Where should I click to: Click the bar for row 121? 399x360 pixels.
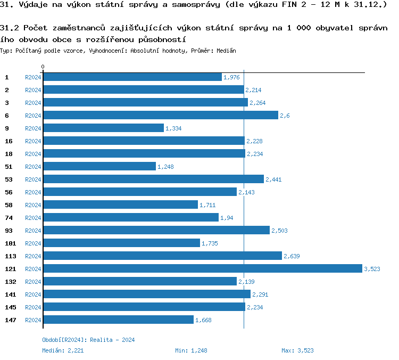tap(202, 268)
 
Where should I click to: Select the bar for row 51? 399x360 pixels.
tap(99, 166)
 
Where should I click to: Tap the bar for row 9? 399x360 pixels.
tap(103, 128)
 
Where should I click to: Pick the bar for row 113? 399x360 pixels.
tap(162, 256)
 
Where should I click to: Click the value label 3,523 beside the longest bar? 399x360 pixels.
tap(372, 269)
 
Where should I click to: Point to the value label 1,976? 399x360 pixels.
tap(231, 77)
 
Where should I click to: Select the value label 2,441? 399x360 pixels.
tap(273, 179)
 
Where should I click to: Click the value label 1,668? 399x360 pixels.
tap(204, 320)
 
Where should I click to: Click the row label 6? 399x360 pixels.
tap(7, 115)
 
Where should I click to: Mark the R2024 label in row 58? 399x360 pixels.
tap(33, 205)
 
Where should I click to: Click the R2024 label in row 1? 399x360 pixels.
tap(33, 77)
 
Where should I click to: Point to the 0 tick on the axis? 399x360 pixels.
tap(43, 67)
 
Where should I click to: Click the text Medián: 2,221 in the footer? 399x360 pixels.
tap(63, 350)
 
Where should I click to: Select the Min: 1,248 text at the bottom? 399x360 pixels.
tap(191, 350)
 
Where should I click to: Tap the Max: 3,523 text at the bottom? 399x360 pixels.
tap(297, 350)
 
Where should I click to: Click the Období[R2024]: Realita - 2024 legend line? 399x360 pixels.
tap(88, 340)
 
